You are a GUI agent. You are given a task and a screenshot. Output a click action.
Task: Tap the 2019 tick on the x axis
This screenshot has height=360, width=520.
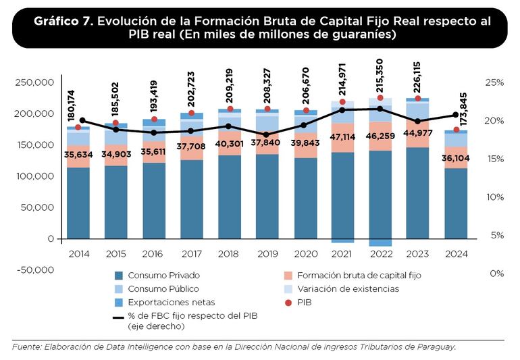coord(267,254)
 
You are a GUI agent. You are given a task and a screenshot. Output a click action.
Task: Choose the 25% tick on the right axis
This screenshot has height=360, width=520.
coord(494,83)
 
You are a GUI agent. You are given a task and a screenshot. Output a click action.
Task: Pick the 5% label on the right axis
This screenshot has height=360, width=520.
coord(497,235)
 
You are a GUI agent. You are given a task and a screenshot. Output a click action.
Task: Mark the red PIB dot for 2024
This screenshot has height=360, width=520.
coord(456,130)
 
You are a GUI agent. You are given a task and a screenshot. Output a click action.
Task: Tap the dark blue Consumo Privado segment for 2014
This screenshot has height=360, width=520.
coord(78,203)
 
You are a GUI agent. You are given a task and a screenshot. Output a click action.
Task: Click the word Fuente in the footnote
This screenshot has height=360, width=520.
coord(26,347)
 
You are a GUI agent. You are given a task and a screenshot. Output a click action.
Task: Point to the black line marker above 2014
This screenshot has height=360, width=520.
coord(82,121)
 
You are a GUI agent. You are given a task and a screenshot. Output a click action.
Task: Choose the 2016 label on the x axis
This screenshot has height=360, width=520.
coord(155,254)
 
